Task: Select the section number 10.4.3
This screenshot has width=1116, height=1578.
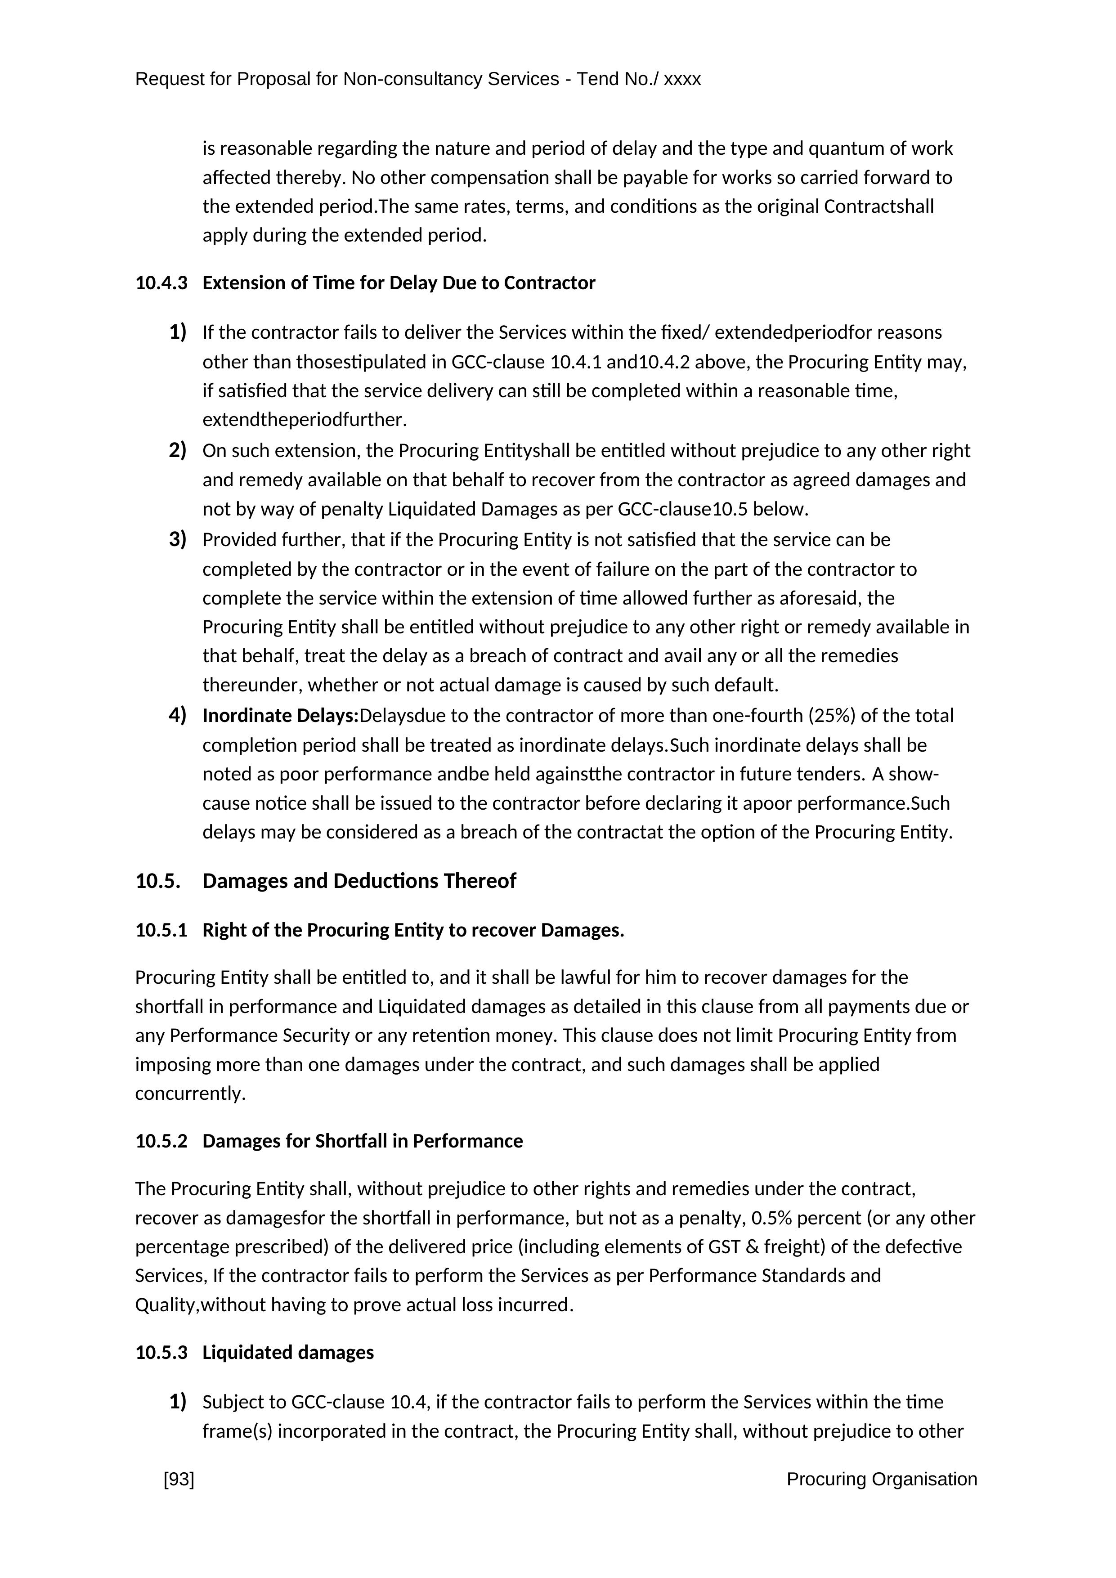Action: point(161,283)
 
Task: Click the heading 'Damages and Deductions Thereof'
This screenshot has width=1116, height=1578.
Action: point(359,881)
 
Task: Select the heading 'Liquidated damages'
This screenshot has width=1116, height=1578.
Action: point(288,1353)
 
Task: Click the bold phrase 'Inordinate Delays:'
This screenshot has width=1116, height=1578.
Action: point(280,716)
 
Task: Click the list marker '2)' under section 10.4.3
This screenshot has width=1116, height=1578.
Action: point(177,451)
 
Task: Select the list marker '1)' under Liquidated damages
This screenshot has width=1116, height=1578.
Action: point(177,1401)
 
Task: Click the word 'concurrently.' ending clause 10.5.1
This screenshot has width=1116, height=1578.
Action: point(190,1094)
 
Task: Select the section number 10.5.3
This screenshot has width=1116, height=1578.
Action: point(161,1353)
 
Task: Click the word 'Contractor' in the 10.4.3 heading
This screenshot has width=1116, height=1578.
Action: point(549,283)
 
